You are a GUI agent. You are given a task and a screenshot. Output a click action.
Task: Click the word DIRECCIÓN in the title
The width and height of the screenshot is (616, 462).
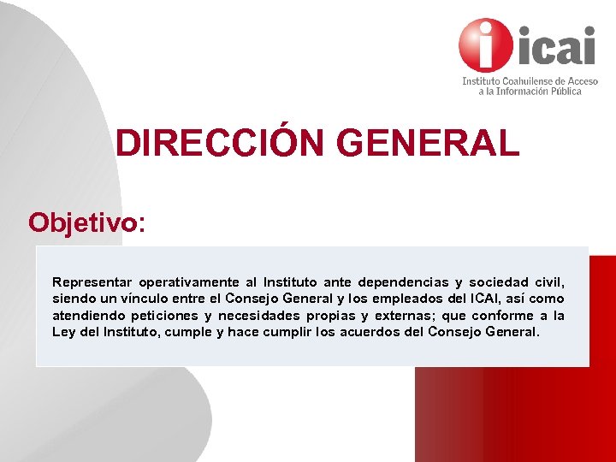222,143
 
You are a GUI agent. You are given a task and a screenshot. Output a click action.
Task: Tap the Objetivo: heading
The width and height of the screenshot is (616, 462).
86,222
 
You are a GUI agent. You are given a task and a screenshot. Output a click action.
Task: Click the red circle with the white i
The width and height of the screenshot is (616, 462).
487,45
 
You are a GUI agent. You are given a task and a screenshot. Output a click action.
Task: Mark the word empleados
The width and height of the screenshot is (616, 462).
408,299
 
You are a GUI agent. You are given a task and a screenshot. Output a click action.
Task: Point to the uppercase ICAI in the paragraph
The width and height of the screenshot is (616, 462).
479,299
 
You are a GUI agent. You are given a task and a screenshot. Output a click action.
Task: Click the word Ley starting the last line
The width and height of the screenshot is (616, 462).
63,332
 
